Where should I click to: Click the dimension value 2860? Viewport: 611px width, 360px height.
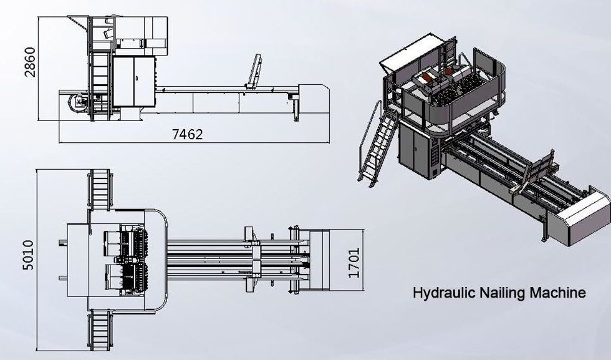(30, 62)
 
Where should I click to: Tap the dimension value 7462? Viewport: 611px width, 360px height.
(188, 135)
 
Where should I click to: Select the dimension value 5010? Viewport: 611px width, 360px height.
(28, 255)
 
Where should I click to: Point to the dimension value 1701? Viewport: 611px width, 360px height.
(354, 263)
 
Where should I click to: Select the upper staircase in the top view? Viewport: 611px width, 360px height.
(100, 190)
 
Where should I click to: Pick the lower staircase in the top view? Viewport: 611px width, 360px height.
(100, 330)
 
